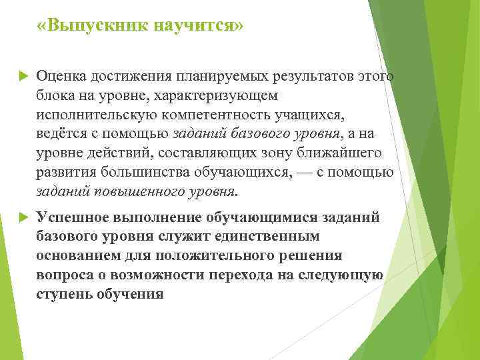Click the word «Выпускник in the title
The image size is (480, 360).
coord(93,26)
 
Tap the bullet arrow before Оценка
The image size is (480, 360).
coord(21,77)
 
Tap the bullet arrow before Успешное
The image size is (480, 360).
coord(21,217)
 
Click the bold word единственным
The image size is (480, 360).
coord(270,237)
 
